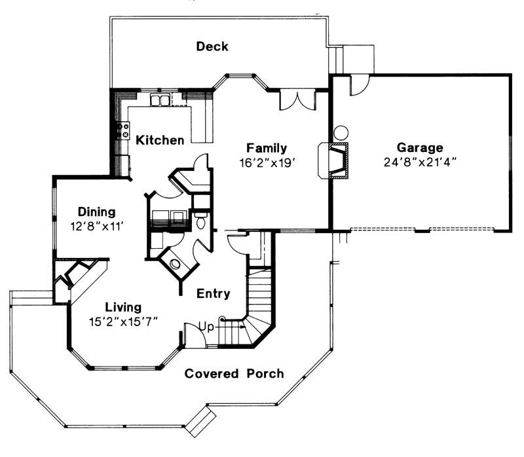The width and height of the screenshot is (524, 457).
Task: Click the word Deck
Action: [212, 46]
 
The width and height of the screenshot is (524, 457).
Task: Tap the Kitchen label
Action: [159, 139]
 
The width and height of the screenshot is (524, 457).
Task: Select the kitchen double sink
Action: [160, 100]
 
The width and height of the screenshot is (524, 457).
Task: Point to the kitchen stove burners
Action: [121, 131]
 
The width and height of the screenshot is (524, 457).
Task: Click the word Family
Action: [267, 147]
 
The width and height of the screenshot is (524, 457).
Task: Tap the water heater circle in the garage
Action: [341, 132]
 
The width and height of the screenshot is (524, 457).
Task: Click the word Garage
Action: [420, 147]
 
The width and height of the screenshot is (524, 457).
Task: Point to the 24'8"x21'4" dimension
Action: [420, 161]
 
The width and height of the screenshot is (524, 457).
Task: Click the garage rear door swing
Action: [358, 85]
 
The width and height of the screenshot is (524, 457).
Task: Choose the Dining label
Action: [97, 211]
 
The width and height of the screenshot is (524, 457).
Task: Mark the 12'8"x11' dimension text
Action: [97, 225]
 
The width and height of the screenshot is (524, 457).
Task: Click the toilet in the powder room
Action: [200, 220]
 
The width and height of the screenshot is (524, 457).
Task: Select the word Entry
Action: [214, 294]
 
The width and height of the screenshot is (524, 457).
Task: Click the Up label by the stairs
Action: [206, 325]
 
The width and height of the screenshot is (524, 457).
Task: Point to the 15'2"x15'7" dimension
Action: [124, 320]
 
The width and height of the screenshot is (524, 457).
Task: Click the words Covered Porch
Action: [234, 374]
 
